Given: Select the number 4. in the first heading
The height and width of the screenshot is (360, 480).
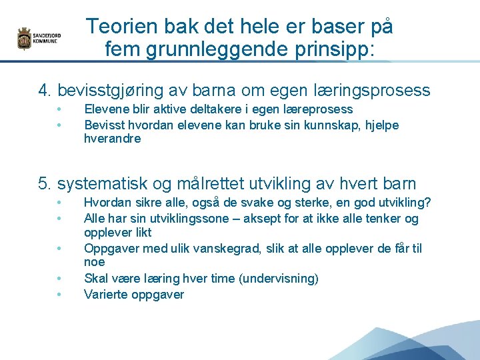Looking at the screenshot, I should [45, 90].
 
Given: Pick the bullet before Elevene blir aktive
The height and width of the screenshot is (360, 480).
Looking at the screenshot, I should [59, 109].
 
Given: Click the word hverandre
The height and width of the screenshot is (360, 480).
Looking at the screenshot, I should [112, 139].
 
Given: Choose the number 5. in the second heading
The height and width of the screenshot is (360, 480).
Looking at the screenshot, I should [45, 183].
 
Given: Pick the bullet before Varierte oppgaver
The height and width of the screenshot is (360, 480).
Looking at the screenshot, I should [59, 294].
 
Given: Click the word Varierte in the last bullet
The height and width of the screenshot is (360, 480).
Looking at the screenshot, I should [105, 294].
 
